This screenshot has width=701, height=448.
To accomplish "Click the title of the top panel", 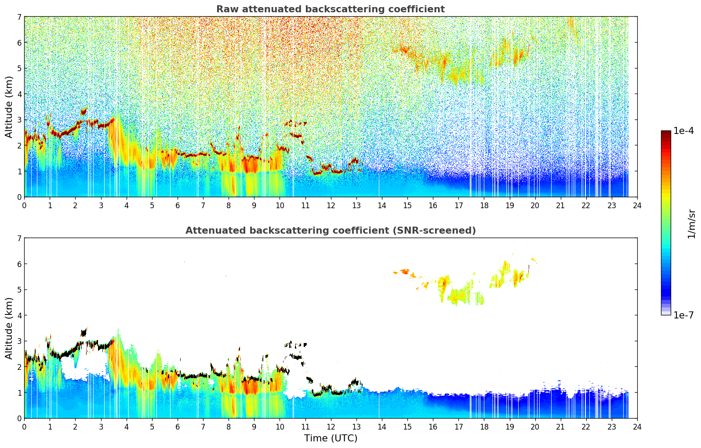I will click(331, 9).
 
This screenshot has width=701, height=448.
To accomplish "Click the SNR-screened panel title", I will click(331, 231).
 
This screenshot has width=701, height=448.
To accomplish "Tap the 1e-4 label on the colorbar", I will click(683, 131).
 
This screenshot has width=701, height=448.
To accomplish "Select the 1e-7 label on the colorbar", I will click(683, 315).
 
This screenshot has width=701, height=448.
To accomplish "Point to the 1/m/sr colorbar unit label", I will click(691, 224).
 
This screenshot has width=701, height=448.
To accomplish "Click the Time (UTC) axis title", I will click(331, 438).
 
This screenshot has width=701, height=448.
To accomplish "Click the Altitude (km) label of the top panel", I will click(9, 107).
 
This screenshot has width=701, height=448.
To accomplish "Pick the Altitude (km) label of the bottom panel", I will click(9, 328).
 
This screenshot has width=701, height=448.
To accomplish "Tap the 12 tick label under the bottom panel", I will click(331, 426).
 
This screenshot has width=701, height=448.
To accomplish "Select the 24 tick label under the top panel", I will click(637, 205).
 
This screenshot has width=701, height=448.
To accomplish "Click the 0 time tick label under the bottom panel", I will click(24, 426).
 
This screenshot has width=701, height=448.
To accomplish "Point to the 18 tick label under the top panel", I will click(484, 205).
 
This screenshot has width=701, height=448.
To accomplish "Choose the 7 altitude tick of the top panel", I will click(19, 17).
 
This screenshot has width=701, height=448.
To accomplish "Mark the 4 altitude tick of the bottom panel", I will click(19, 315).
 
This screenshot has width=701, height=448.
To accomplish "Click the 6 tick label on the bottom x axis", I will click(178, 426).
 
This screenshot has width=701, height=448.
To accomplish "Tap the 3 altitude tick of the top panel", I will click(19, 120).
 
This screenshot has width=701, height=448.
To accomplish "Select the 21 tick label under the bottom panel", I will click(560, 426).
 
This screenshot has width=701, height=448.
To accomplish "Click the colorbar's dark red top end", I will click(666, 133).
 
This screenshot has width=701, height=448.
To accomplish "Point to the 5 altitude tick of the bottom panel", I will click(19, 289).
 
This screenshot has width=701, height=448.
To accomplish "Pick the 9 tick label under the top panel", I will click(254, 205).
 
